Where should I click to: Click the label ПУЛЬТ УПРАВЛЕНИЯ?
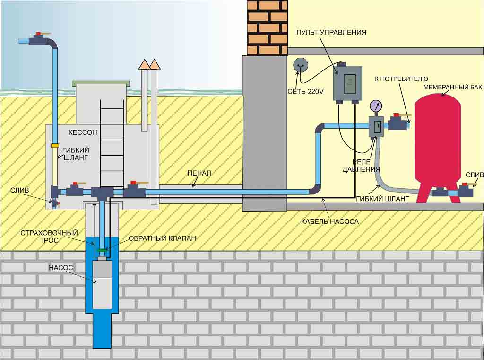(331, 32)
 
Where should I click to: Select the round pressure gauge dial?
(376, 105)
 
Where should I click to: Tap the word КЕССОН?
(83, 132)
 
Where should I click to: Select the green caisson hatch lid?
(100, 84)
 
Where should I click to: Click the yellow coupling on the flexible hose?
(55, 145)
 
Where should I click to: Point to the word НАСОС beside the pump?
(61, 267)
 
